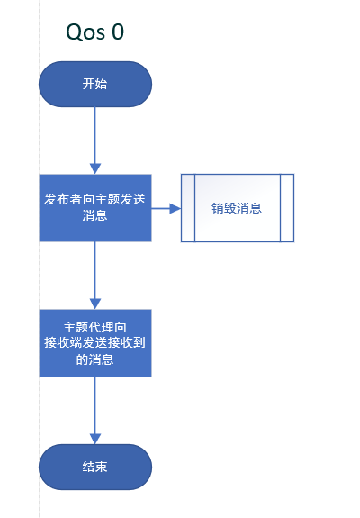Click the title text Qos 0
94,32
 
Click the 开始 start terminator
94,84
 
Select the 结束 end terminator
94,468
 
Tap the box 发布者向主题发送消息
94,208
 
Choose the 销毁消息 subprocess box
237,208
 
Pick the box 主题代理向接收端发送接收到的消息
94,343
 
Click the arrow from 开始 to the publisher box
94,135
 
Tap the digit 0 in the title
117,32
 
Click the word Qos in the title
85,32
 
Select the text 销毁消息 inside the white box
237,208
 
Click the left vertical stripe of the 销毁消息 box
188,208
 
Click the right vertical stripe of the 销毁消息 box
287,208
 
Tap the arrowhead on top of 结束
94,439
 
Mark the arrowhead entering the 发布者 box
94,168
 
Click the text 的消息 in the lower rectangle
94,359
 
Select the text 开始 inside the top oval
94,84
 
